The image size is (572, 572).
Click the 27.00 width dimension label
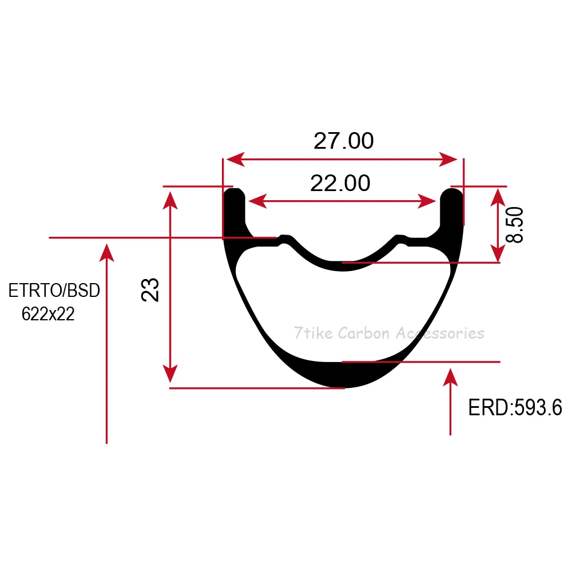click(344, 141)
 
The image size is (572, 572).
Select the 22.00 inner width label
click(340, 183)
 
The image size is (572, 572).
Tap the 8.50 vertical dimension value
click(514, 225)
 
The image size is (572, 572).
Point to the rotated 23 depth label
click(150, 289)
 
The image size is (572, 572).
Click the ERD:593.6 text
click(515, 407)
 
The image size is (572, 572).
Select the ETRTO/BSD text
click(54, 291)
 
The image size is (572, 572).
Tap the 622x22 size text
click(48, 313)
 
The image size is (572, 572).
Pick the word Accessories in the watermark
click(440, 333)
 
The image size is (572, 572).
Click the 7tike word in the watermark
click(313, 333)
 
